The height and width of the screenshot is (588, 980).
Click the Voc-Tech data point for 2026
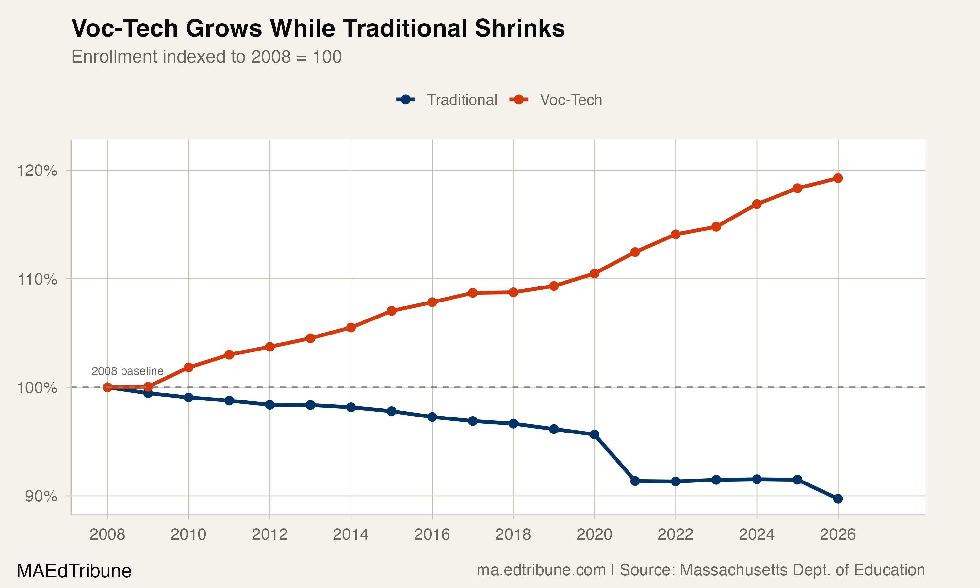tap(838, 178)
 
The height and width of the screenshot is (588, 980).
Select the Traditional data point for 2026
tap(838, 499)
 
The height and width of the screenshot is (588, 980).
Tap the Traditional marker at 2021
tap(635, 481)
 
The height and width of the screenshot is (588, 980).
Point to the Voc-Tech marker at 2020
tap(594, 273)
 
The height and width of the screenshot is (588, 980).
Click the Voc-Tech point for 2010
tap(188, 367)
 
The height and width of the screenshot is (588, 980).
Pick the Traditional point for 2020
tap(594, 435)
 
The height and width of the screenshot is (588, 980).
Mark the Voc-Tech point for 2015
tap(391, 311)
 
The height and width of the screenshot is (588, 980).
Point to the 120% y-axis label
tap(37, 171)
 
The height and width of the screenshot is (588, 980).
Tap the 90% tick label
tap(41, 496)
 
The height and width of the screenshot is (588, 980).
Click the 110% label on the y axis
tap(37, 279)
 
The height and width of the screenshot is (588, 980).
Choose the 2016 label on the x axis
tap(432, 534)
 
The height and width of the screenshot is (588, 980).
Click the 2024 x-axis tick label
tap(757, 534)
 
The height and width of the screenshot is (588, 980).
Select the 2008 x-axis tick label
tap(107, 534)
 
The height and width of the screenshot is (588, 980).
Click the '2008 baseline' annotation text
tap(127, 371)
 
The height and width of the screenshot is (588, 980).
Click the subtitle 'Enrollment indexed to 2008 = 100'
tap(206, 57)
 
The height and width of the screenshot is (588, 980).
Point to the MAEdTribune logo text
tap(74, 571)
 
